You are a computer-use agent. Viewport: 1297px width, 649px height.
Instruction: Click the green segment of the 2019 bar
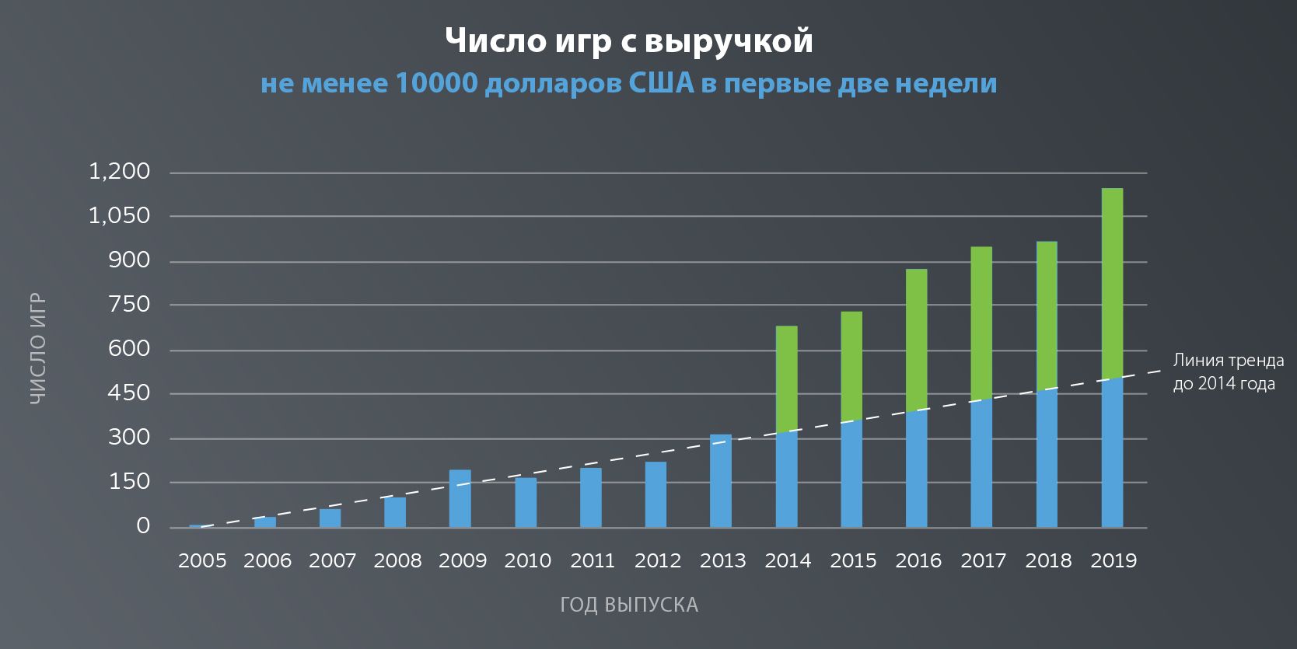[x=1112, y=283]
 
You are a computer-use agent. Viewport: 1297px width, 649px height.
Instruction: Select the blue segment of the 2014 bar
[x=786, y=479]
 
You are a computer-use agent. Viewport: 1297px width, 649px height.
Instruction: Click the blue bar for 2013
[x=721, y=481]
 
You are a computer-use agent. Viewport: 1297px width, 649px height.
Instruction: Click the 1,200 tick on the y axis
[x=119, y=172]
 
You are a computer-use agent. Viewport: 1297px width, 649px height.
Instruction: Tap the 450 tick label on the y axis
[x=129, y=393]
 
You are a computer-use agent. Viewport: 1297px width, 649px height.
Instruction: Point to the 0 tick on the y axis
[x=143, y=526]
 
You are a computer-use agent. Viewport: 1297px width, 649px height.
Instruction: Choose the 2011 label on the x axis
[x=593, y=560]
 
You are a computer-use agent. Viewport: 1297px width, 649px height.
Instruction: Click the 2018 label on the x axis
[x=1047, y=560]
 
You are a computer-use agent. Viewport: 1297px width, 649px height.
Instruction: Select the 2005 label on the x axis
[x=202, y=560]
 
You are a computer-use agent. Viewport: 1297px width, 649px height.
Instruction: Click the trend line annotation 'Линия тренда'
[x=1228, y=361]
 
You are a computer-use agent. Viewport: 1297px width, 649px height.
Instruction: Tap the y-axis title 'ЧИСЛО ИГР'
[x=38, y=348]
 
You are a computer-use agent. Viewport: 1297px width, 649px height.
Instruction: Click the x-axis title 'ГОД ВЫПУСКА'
[x=629, y=605]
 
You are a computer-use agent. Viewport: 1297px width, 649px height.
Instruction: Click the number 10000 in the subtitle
[x=436, y=83]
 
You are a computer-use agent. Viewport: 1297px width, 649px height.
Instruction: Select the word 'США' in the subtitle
[x=660, y=83]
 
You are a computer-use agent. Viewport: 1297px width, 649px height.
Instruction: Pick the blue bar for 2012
[x=655, y=495]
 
